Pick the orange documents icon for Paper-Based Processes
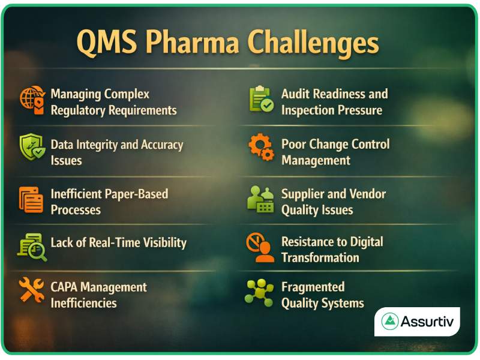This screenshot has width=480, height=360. (31, 200)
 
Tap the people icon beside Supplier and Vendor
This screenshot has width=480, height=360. (260, 199)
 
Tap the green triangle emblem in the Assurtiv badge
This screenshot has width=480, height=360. (391, 322)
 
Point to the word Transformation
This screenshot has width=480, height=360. (320, 258)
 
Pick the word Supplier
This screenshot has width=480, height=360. (303, 194)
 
